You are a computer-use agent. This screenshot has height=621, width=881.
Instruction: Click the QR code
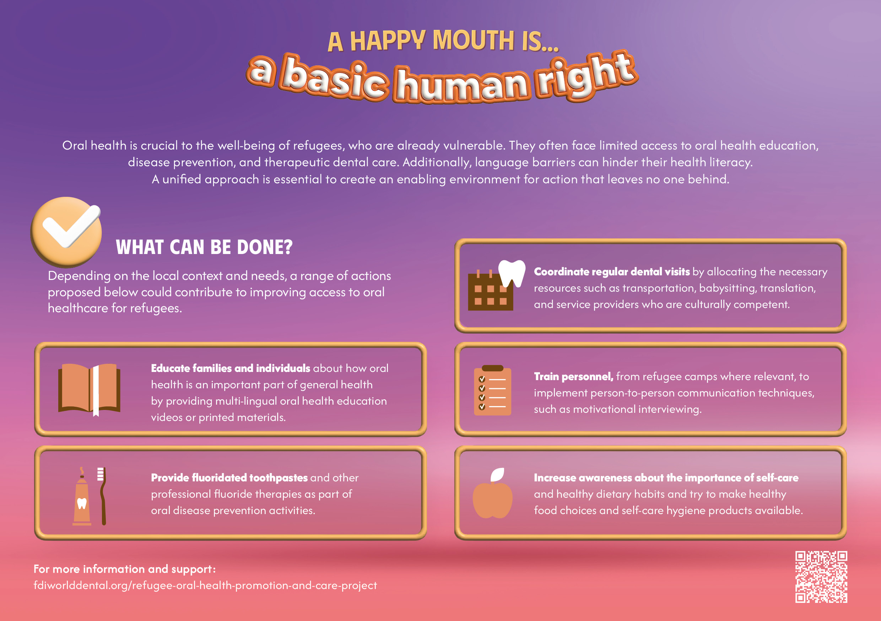pos(821,577)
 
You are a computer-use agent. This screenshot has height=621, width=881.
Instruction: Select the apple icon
pos(493,493)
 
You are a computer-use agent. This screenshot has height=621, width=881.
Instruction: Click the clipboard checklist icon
pos(492,390)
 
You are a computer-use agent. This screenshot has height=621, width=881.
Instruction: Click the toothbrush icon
pos(102,496)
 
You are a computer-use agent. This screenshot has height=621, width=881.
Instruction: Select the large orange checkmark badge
pos(66,232)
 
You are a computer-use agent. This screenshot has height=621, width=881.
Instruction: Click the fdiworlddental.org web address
pos(205,586)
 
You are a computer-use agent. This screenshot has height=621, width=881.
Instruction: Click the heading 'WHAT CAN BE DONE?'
pos(204,247)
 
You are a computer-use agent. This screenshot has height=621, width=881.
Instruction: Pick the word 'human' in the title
pos(461,85)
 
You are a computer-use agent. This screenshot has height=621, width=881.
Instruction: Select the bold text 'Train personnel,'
pos(574,377)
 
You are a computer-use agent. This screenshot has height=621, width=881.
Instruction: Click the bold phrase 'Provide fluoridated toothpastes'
pos(229,478)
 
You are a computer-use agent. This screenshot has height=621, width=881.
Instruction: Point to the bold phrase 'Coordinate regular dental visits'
pos(612,272)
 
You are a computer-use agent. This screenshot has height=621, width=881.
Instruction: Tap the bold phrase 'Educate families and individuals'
pos(231,368)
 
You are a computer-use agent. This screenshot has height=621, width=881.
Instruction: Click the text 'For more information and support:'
pos(125,569)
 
